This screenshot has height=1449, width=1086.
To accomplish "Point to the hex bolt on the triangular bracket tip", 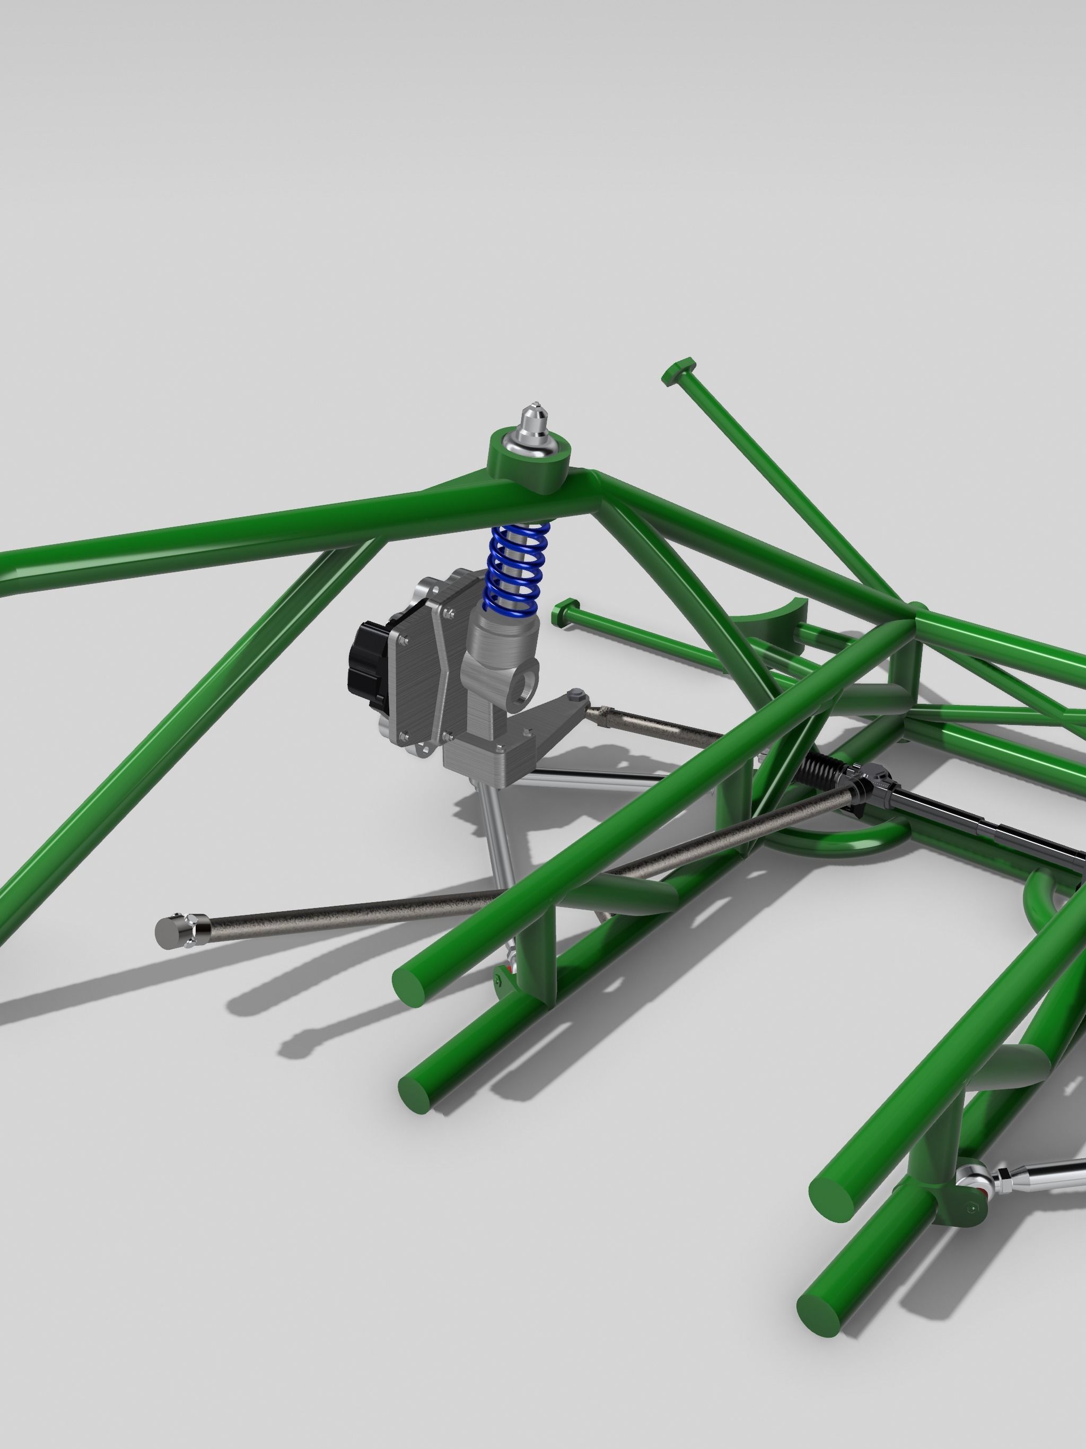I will (x=576, y=694).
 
